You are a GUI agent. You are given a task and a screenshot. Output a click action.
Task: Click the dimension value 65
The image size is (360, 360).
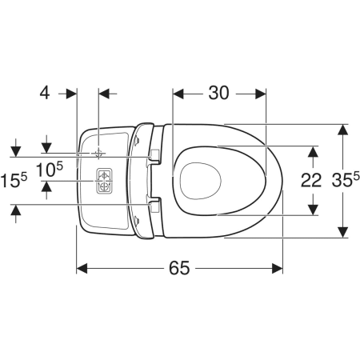click(179, 268)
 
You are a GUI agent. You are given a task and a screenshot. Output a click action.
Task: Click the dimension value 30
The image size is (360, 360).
click(218, 93)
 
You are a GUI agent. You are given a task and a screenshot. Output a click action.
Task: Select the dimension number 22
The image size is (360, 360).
click(311, 180)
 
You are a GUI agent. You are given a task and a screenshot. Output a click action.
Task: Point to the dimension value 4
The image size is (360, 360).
click(45, 93)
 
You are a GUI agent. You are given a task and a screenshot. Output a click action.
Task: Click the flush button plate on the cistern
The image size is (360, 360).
click(104, 180)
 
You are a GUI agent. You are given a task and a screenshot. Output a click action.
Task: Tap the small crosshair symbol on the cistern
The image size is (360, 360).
click(98, 154)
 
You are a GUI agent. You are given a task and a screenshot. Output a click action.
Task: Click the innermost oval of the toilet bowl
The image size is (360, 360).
click(201, 181)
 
